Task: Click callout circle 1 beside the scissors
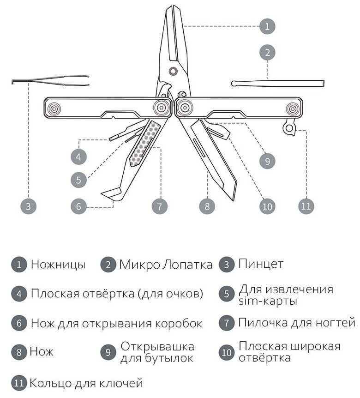coord(267,26)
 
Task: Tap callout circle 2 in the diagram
coord(267,53)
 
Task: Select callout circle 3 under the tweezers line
coord(28,206)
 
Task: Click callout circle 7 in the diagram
coord(160,206)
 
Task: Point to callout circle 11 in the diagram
coord(306,206)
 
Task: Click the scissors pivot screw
coord(174,71)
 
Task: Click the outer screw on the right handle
coord(292,109)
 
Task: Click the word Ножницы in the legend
coord(58,265)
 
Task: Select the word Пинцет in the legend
coord(261,264)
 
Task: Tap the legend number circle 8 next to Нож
coord(19,352)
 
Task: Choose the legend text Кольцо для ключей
coord(86,383)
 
